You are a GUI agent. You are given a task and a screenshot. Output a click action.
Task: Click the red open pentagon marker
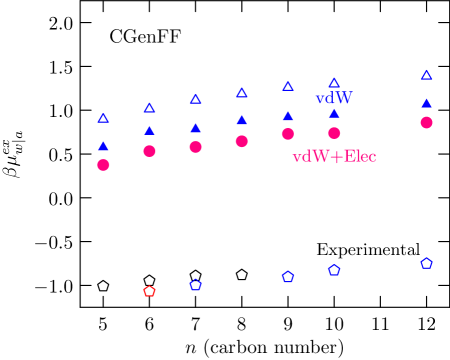[x=149, y=291]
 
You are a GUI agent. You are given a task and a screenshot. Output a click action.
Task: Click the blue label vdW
[x=334, y=99]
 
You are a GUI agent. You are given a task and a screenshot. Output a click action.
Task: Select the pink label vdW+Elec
[x=334, y=157]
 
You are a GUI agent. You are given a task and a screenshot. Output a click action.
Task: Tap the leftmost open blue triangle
[x=103, y=118]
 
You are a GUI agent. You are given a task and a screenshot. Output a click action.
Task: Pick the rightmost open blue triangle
[x=426, y=75]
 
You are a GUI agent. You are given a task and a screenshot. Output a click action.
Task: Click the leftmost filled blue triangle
[x=103, y=146]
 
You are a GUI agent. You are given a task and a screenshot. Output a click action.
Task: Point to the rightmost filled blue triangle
[x=426, y=102]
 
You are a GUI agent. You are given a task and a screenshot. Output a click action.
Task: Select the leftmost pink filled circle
[x=103, y=165]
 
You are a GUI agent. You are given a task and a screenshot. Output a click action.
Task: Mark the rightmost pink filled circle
[x=426, y=122]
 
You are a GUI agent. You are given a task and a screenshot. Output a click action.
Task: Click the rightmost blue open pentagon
[x=426, y=263]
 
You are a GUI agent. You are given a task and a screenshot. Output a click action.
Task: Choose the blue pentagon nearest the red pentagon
[x=195, y=285]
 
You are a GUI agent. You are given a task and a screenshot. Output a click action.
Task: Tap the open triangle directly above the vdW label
[x=334, y=83]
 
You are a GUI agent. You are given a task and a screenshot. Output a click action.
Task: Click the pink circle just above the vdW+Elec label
[x=334, y=133]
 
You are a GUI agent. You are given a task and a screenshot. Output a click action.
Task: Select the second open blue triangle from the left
[x=149, y=108]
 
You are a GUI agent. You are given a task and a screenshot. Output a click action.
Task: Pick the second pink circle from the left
[x=149, y=151]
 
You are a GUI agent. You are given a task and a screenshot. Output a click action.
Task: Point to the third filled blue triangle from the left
[x=195, y=128]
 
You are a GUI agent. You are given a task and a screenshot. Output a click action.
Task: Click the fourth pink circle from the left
[x=241, y=141]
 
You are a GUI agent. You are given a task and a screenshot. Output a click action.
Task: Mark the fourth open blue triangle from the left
[x=241, y=93]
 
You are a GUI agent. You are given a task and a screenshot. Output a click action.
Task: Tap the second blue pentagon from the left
[x=288, y=277]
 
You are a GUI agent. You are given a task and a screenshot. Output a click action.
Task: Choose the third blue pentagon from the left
[x=334, y=270]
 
